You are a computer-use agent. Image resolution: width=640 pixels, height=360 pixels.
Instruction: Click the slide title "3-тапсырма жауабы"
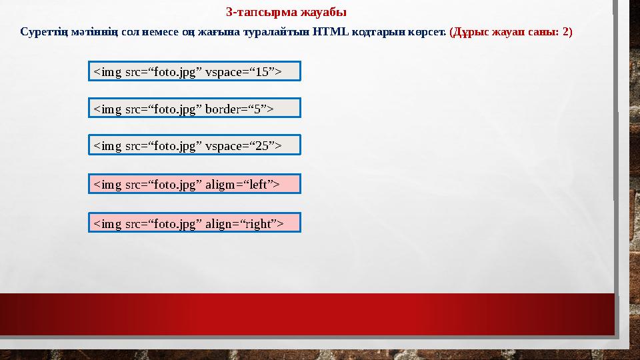tap(286, 12)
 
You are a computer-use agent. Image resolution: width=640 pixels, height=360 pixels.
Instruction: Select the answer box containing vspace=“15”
tap(195, 71)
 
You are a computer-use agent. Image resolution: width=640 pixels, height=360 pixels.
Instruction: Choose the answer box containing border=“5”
tap(195, 108)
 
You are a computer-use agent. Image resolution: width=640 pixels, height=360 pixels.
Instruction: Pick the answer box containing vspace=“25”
tap(195, 145)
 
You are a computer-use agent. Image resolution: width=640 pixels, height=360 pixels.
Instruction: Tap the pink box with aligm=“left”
tap(195, 184)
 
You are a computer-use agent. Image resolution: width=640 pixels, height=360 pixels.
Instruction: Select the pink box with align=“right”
tap(195, 223)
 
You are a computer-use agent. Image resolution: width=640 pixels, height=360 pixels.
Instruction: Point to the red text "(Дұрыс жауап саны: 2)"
tap(511, 32)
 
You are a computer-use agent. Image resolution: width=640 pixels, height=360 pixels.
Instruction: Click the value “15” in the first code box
tap(263, 71)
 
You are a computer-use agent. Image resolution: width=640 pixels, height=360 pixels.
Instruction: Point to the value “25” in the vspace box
tap(263, 145)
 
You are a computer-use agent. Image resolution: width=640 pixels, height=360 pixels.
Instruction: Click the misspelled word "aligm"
tap(221, 184)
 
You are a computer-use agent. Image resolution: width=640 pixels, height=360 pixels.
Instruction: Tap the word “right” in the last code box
tap(260, 223)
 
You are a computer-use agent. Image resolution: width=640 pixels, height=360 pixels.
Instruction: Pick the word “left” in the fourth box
tap(258, 184)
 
